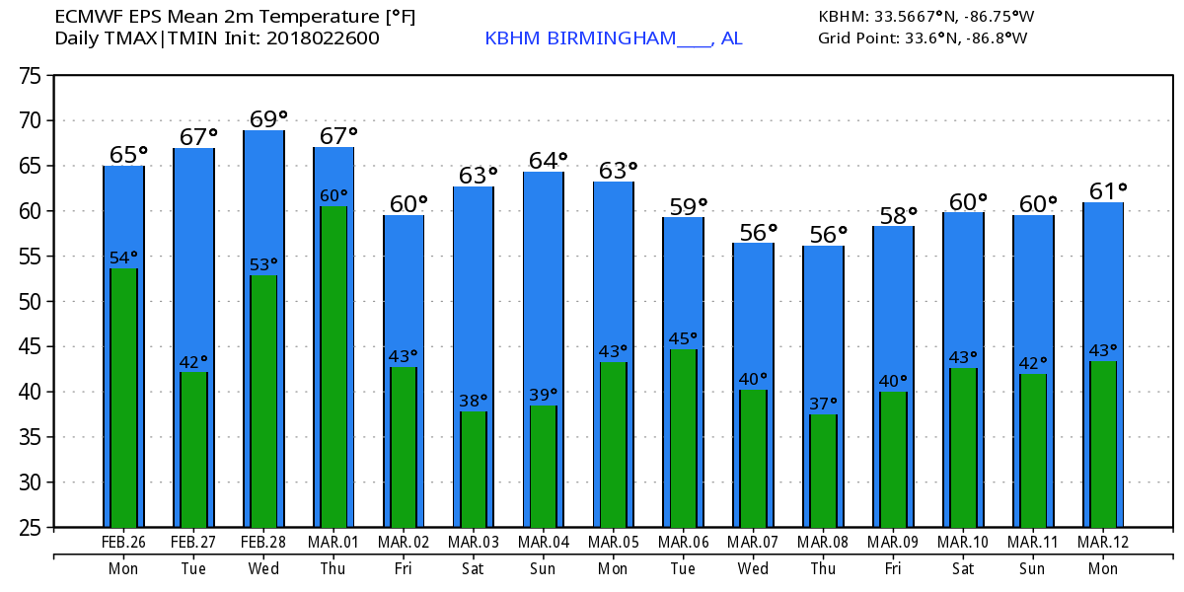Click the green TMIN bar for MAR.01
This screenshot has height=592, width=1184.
pos(333,365)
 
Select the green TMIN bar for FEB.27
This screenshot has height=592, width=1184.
pos(193,449)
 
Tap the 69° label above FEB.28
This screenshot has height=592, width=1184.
pos(263,118)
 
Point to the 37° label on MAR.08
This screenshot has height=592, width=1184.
pos(822,404)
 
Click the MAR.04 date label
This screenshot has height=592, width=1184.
pos(543,543)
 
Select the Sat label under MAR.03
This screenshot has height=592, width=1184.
pos(473,569)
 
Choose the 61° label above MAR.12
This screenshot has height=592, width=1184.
pos(1106,190)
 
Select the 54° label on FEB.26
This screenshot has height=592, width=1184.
pos(123,259)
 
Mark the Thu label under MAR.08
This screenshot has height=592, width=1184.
pos(823,569)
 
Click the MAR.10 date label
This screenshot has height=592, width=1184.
pos(963,543)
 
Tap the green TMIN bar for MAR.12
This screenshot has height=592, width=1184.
pos(1102,443)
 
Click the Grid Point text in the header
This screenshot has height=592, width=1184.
pos(854,38)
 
